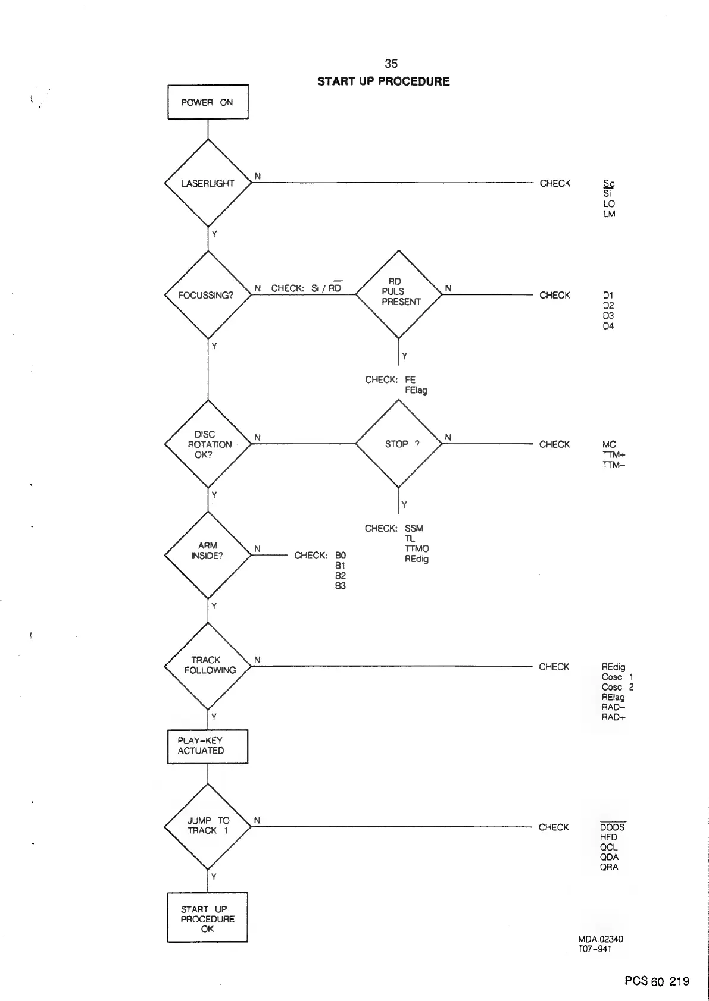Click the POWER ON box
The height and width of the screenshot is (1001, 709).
coord(208,102)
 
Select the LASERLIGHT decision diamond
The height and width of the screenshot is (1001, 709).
coord(208,183)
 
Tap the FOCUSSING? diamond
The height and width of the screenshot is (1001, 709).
coord(208,295)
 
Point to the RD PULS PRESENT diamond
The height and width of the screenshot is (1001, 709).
coord(399,294)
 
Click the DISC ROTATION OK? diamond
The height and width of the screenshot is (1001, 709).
coord(208,444)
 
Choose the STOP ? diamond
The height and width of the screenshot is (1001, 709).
coord(399,444)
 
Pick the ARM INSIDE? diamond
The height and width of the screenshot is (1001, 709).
coord(208,555)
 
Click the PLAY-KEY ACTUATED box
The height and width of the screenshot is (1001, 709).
coord(208,746)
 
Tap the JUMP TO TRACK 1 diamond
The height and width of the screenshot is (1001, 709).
coord(208,826)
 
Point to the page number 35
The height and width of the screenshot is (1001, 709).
coord(391,64)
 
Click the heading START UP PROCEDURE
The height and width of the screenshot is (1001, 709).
coord(383,81)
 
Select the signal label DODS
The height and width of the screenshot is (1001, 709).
coord(613,827)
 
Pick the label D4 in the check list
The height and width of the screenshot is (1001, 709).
coord(608,326)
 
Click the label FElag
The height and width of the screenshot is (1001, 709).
coord(416,390)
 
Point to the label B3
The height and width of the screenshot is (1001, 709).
coord(340,586)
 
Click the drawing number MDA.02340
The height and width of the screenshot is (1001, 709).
coord(601,939)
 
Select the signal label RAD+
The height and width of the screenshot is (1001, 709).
coord(614,717)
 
